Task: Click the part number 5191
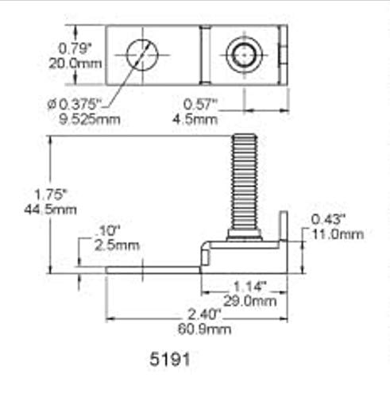[x=169, y=359]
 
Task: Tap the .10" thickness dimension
[x=106, y=231]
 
